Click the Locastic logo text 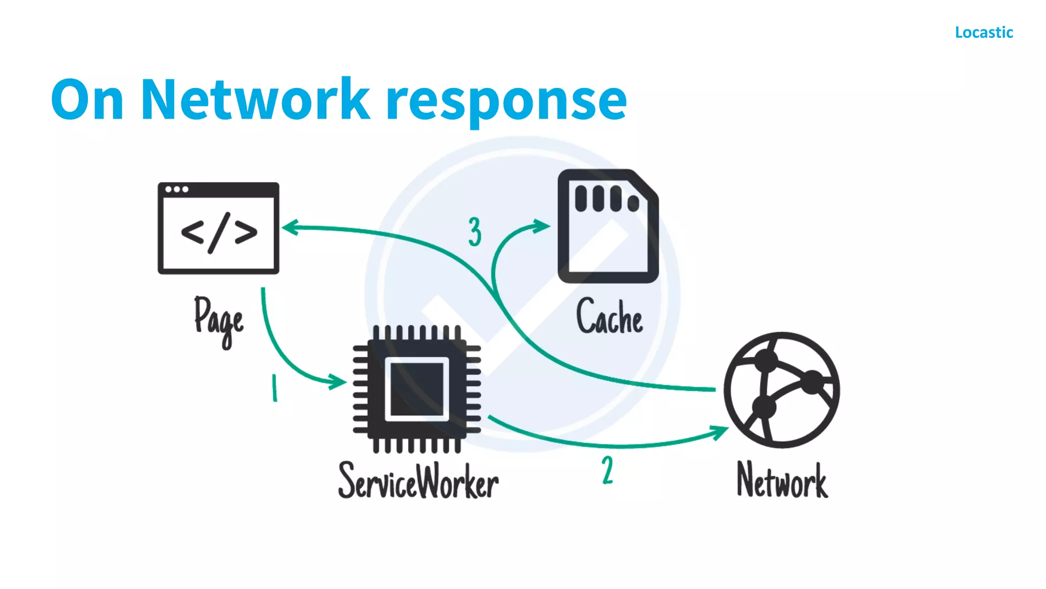(x=984, y=32)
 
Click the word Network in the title (x=254, y=100)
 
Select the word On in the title (x=87, y=100)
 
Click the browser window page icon (x=218, y=228)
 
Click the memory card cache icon (x=608, y=226)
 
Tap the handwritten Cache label (x=609, y=317)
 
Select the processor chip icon (x=417, y=389)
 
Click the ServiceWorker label (x=418, y=481)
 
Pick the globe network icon (x=781, y=390)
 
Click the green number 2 (x=607, y=470)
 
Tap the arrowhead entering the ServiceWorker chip (x=337, y=381)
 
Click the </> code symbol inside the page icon (x=219, y=233)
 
